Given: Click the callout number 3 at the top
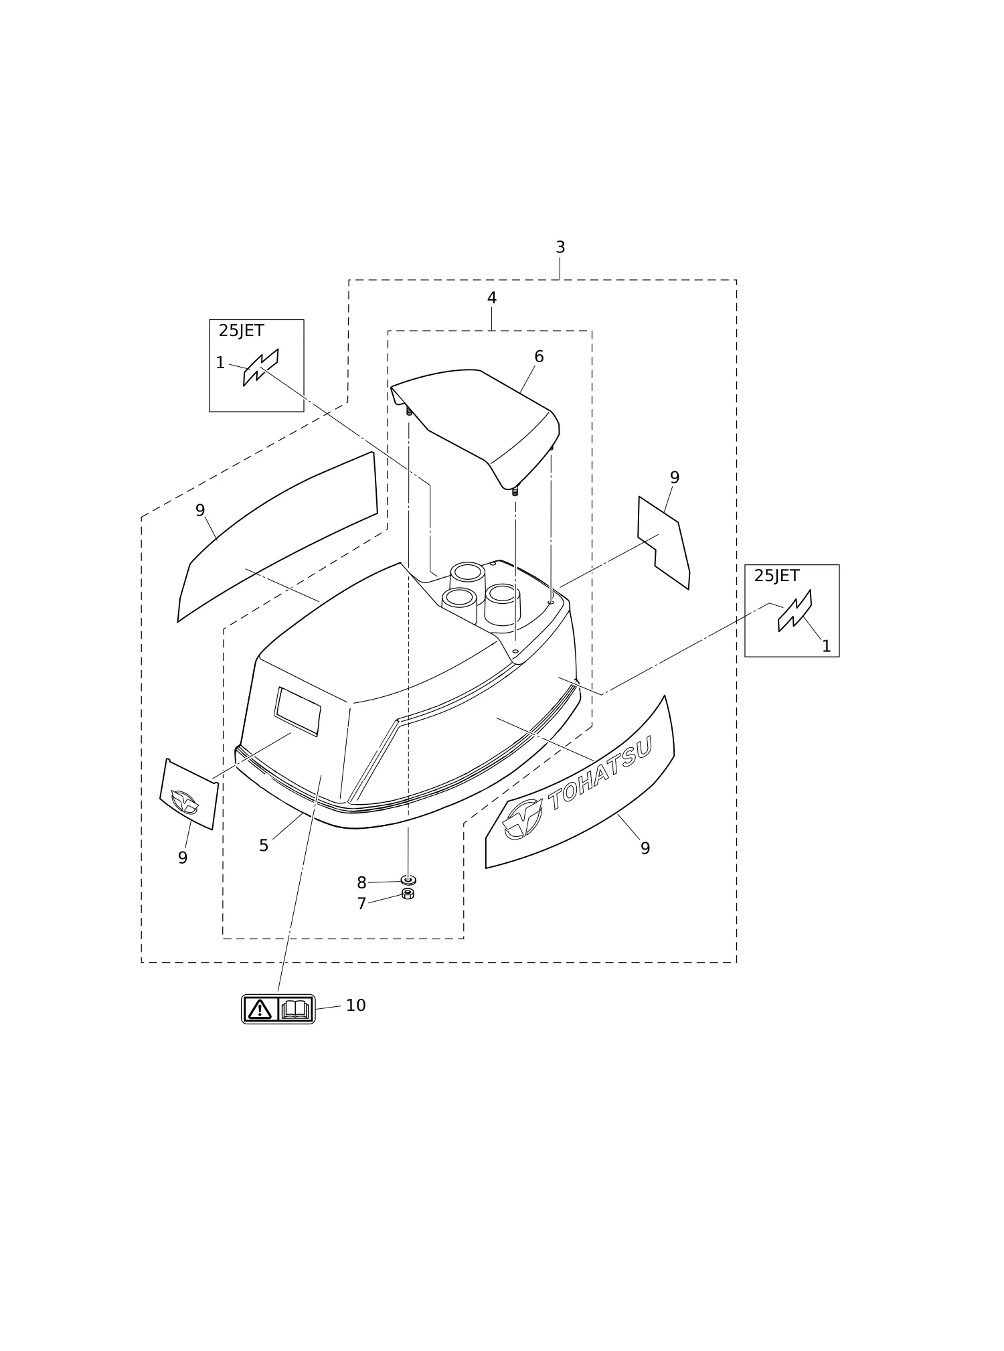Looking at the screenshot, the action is click(x=560, y=248).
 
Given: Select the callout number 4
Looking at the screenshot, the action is click(x=492, y=298).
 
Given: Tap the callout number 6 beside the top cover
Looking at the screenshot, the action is click(x=539, y=357).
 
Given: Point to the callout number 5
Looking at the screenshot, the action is click(x=264, y=846).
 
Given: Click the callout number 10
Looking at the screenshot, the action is click(x=355, y=1006).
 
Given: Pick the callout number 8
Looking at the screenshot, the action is click(x=361, y=883).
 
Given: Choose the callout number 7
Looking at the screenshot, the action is click(x=361, y=904).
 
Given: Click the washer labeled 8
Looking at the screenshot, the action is click(x=408, y=880).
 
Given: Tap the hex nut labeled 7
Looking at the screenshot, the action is click(x=408, y=894).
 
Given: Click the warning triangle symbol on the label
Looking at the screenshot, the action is click(x=260, y=1010).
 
